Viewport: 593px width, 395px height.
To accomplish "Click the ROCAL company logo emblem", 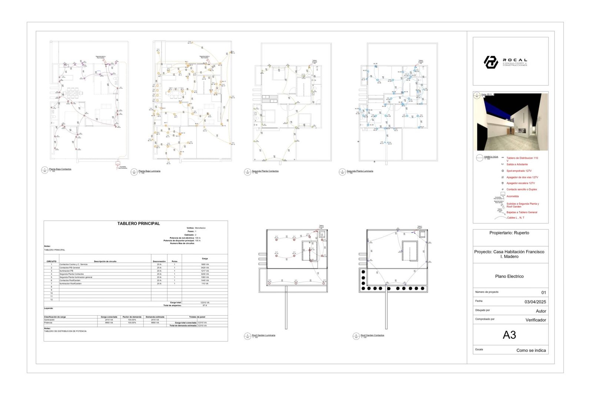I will coord(491,62).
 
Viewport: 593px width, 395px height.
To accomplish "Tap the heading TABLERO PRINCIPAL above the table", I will coord(139,224).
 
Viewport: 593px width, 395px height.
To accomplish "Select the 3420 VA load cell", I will coord(205,268).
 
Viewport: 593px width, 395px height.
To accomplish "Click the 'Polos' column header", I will coord(175,261).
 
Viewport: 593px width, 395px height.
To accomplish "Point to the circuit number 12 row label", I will coord(52,299).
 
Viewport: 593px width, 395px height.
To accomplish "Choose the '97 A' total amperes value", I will coord(205,305).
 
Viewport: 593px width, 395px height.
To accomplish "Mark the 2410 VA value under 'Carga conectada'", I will coord(109,320).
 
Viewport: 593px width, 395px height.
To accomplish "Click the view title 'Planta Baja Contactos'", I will coord(60,169).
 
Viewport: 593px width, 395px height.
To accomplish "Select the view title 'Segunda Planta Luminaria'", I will coord(360,171).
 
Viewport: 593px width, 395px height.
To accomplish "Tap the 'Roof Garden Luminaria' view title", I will coord(264,335).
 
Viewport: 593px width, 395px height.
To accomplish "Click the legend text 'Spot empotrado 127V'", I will coord(519,171).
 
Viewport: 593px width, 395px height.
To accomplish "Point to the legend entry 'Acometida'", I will coord(513,197).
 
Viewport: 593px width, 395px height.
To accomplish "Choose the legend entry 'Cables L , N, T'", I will coord(516,218).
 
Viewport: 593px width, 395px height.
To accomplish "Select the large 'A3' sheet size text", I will coord(509,335).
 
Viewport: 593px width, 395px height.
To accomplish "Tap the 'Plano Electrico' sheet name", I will coord(509,277).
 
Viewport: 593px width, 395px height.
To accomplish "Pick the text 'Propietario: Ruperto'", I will coord(509,233).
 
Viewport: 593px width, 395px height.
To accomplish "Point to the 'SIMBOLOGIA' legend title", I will coord(491,157).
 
